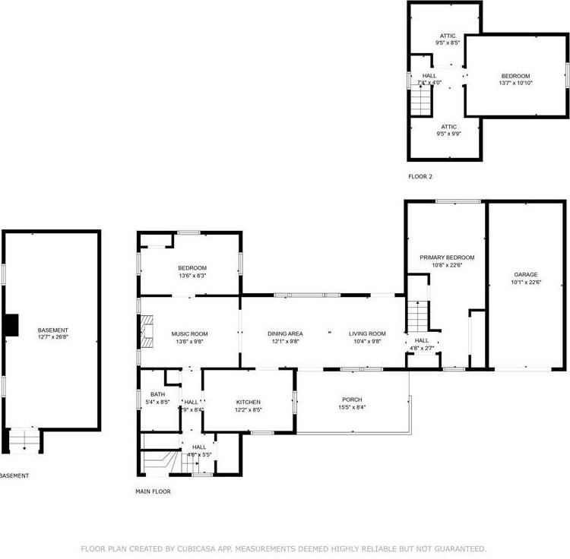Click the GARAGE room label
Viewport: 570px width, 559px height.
(525, 274)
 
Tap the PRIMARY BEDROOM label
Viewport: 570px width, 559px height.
(447, 257)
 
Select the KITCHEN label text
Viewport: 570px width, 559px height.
(248, 402)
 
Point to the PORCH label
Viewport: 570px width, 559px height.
(351, 400)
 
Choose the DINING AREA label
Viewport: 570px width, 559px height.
(285, 333)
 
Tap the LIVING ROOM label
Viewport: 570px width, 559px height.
(367, 333)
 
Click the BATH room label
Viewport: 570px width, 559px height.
(157, 394)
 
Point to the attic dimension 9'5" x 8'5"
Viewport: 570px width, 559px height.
(448, 43)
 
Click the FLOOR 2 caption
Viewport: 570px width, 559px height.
(420, 176)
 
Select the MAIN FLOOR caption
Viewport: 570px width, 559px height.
(153, 491)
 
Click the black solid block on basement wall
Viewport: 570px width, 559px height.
(11, 324)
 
